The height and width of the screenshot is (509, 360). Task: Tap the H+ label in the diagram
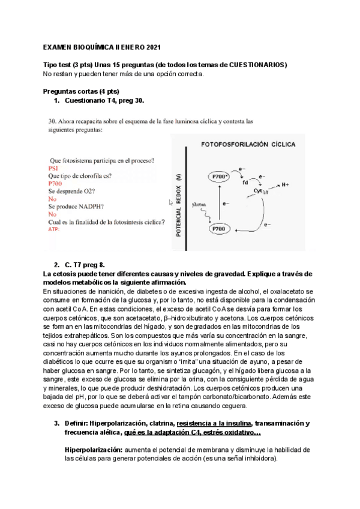click(x=285, y=184)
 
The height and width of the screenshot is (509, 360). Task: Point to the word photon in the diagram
click(x=199, y=205)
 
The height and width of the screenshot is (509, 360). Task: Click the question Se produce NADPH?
click(x=77, y=206)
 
